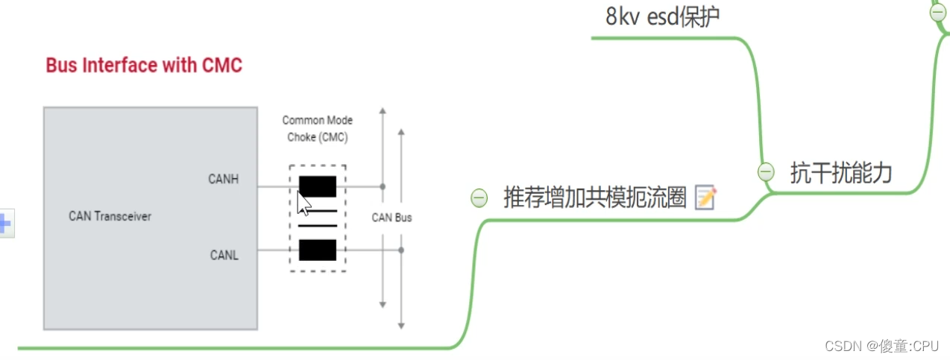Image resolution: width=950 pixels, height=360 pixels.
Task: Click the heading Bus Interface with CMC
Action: [x=144, y=66]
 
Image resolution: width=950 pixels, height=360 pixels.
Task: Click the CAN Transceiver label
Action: [x=110, y=216]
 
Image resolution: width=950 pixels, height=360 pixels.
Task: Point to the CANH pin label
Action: [x=224, y=179]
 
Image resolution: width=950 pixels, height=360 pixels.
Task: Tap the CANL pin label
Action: [x=224, y=256]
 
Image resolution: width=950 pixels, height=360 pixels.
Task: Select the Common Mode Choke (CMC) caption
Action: [x=318, y=128]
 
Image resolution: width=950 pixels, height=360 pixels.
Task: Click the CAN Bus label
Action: [x=391, y=218]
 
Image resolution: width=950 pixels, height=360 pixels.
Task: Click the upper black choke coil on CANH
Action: [x=318, y=186]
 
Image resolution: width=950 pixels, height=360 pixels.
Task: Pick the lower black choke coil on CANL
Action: [x=318, y=250]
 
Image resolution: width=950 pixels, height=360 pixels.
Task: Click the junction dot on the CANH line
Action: [x=383, y=186]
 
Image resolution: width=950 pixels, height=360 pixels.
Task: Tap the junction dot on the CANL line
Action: [x=401, y=250]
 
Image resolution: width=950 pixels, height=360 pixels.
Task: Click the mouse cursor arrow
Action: [x=302, y=202]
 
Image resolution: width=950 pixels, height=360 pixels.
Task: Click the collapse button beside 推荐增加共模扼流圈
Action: [x=479, y=198]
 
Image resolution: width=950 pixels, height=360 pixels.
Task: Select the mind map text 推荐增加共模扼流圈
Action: [x=594, y=198]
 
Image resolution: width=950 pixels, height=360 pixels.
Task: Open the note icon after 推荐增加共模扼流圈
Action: [x=705, y=198]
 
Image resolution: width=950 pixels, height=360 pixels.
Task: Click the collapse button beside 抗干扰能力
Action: [x=766, y=172]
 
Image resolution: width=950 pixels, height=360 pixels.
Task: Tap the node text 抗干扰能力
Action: [x=841, y=173]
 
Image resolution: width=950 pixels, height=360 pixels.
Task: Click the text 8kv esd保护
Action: [x=662, y=16]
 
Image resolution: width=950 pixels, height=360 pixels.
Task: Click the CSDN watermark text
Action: [x=881, y=346]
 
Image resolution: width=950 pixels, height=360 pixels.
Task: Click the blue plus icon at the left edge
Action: [x=4, y=223]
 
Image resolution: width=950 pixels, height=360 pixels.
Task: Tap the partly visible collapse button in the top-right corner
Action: [x=938, y=11]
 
